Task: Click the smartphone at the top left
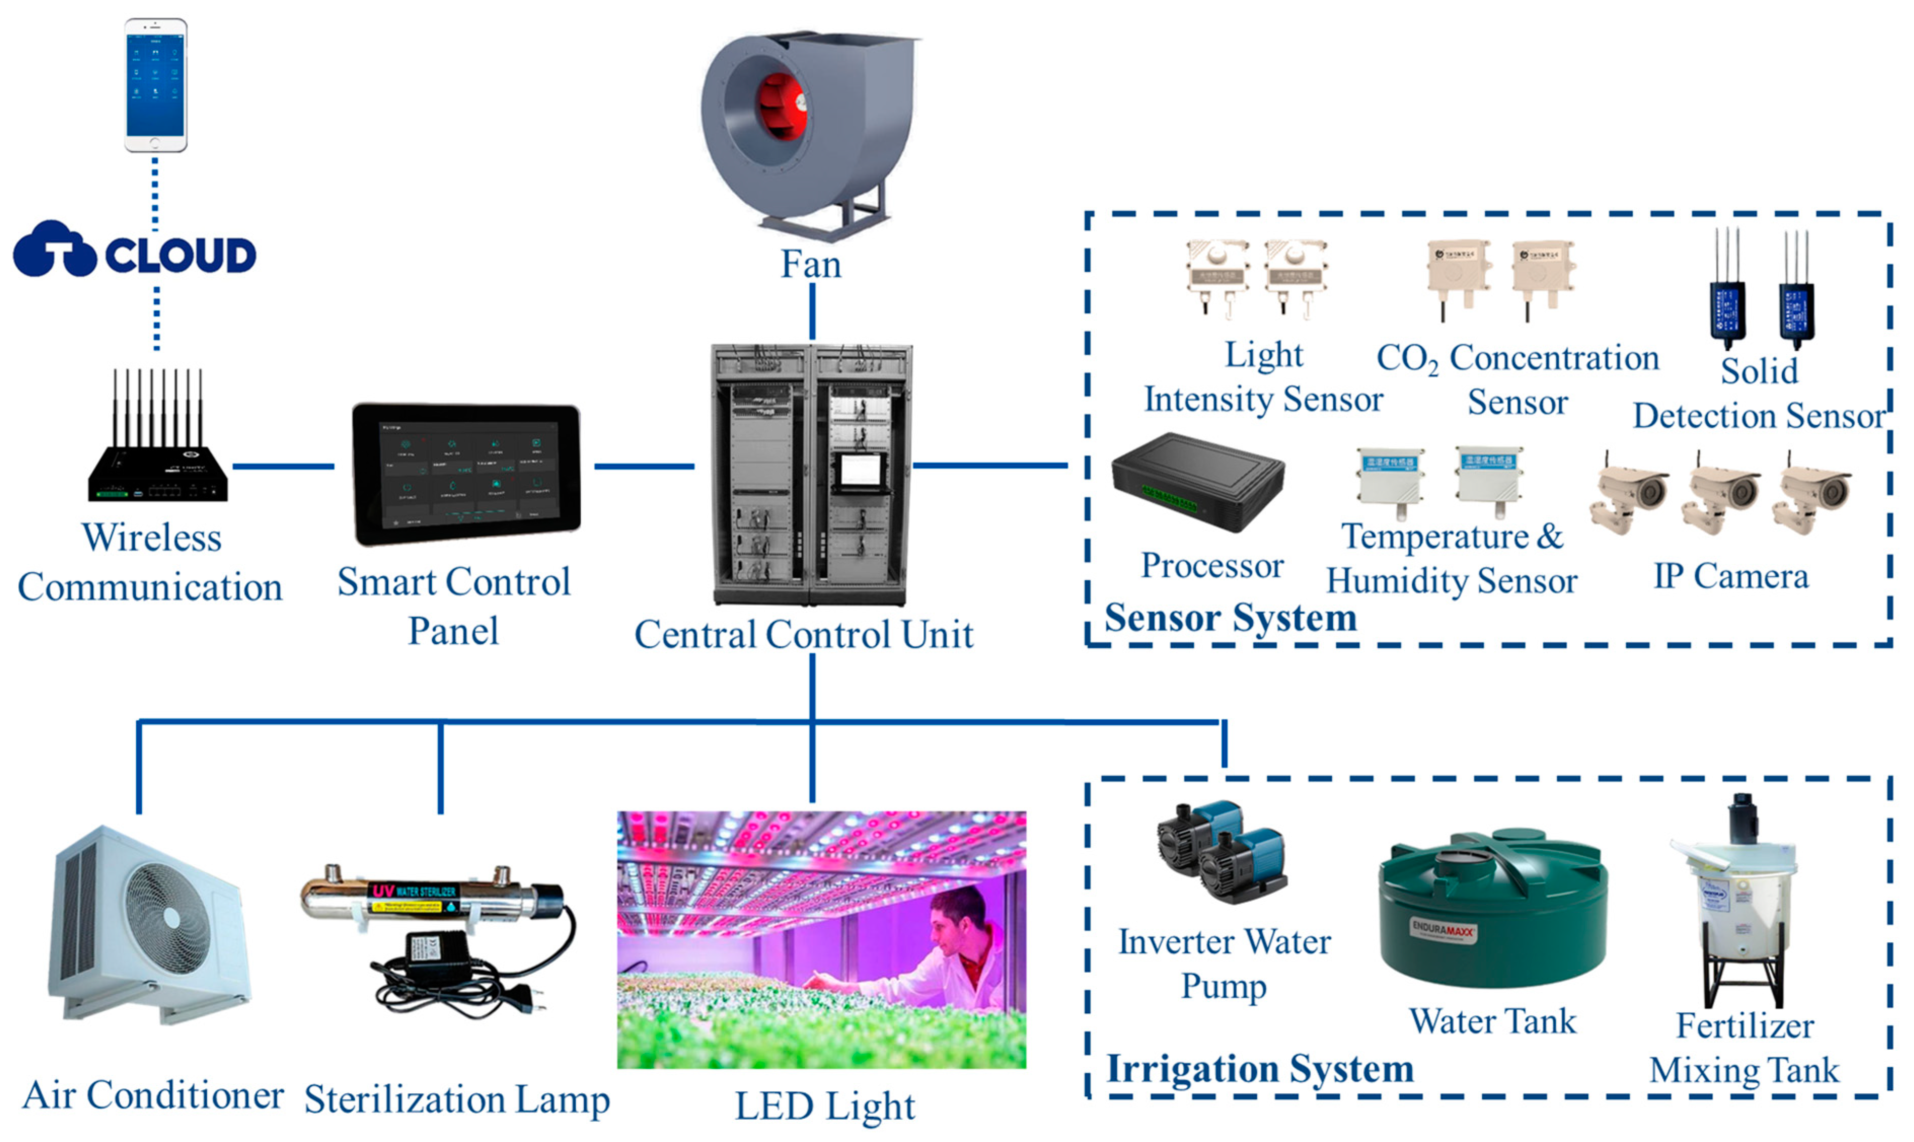coord(156,85)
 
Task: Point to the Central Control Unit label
coord(803,636)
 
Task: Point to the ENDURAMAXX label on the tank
coord(1442,930)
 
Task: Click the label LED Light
coord(824,1107)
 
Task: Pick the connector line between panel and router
coord(283,466)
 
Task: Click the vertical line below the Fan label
coord(812,312)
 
